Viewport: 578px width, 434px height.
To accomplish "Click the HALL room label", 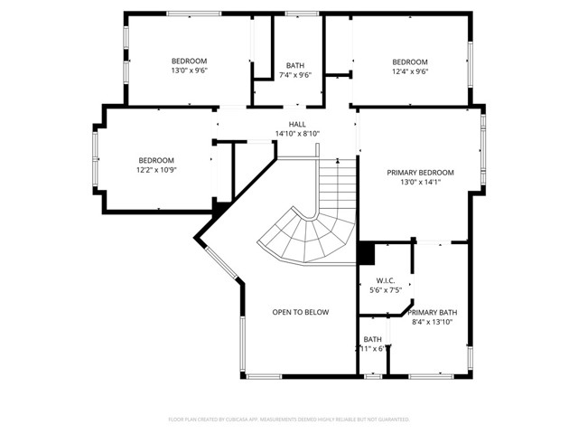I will [x=297, y=124].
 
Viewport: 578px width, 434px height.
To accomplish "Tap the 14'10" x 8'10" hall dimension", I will [x=297, y=134].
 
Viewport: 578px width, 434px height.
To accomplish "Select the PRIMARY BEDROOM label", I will [x=420, y=172].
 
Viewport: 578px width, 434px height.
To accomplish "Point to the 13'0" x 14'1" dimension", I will [x=420, y=182].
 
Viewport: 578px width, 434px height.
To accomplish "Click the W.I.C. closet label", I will [x=385, y=280].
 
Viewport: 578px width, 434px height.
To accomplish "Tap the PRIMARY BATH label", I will [x=432, y=312].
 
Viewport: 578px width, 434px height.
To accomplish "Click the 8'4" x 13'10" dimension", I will [x=432, y=322].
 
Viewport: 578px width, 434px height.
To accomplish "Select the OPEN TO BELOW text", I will [x=301, y=312].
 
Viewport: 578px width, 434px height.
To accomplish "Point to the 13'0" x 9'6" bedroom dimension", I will [x=190, y=71].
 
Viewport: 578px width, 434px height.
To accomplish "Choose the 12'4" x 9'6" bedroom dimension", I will [x=410, y=71].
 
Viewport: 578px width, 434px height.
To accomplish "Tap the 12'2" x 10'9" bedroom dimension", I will [x=156, y=170].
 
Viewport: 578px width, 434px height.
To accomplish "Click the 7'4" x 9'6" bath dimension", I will [x=294, y=75].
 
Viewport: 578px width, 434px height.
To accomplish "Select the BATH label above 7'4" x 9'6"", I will [x=294, y=65].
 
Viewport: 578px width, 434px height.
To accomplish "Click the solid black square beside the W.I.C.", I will [x=366, y=253].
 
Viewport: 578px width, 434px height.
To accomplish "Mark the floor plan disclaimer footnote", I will [x=289, y=420].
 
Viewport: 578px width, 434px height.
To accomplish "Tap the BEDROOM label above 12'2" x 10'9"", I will [x=156, y=160].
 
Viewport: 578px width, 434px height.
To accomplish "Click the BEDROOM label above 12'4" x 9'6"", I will [x=410, y=61].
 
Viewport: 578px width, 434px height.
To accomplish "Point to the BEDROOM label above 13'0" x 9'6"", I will [x=190, y=61].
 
